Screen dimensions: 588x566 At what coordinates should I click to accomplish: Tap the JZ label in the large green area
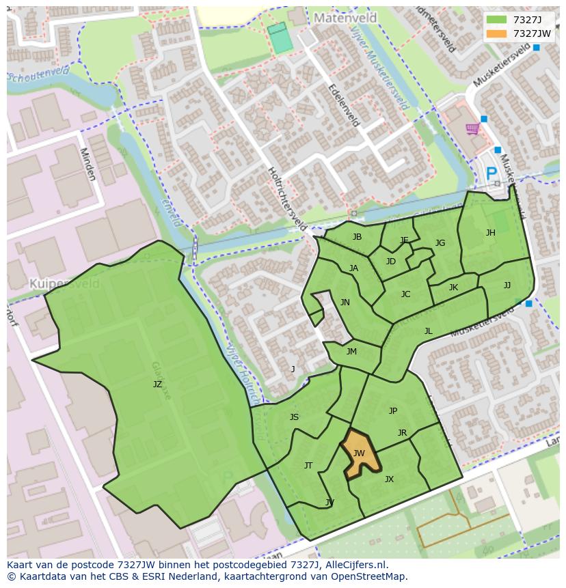(x=157, y=384)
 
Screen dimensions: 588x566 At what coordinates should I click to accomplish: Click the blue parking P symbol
(x=491, y=175)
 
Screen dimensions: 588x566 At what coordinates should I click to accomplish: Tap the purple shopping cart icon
(x=472, y=129)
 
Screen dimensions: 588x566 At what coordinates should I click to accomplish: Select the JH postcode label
(x=490, y=233)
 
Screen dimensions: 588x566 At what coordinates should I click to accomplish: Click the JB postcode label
(x=357, y=237)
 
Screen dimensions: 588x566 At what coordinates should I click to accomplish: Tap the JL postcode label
(x=428, y=331)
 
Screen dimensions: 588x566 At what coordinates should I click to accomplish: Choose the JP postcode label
(x=392, y=411)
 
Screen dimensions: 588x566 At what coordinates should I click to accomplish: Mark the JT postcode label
(x=308, y=466)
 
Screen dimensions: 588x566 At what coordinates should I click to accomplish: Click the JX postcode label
(x=389, y=479)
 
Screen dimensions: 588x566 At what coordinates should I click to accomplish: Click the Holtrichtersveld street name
(x=287, y=198)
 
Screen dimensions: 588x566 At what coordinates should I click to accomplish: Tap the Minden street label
(x=87, y=164)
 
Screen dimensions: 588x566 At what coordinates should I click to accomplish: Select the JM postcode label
(x=351, y=352)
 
